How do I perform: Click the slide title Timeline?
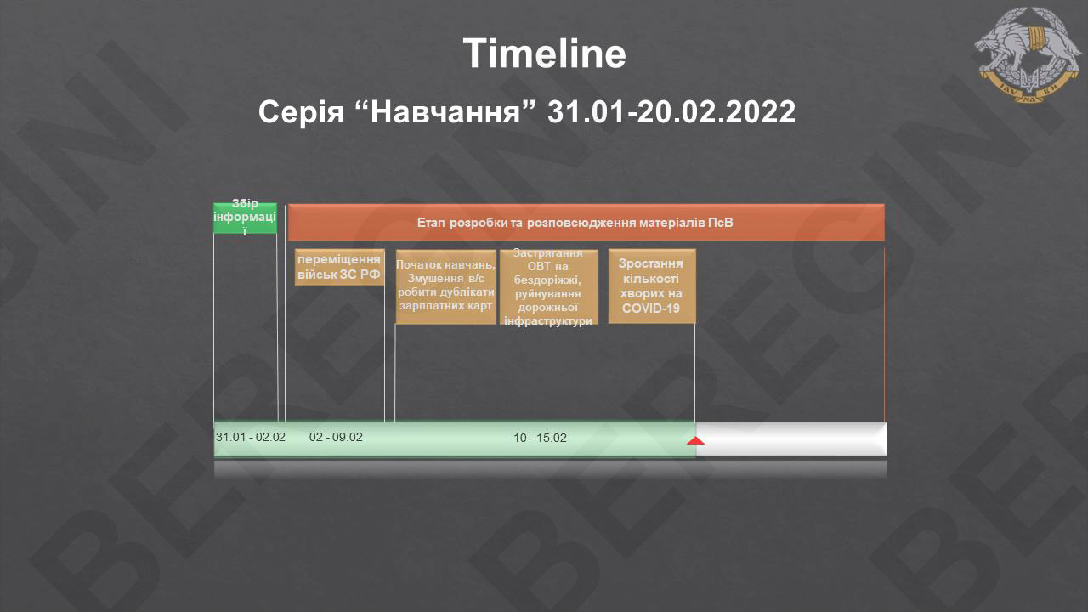coord(544,54)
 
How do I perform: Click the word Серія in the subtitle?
coord(301,112)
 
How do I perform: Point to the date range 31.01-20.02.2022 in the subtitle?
coord(671,112)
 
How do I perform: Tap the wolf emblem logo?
coord(1028,54)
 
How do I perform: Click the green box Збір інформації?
coord(246,218)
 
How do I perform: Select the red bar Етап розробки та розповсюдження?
coord(586,223)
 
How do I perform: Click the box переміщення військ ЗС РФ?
coord(339,267)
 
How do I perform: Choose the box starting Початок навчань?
coord(446,286)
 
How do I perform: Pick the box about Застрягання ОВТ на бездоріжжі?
coord(549,286)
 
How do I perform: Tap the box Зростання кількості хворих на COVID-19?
coord(652,286)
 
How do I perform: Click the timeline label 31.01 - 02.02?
coord(250,437)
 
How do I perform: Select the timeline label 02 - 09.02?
coord(336,437)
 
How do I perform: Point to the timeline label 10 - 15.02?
coord(540,438)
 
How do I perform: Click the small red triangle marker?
coord(695,441)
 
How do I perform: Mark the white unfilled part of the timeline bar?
coord(791,439)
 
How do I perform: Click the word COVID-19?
coord(651,309)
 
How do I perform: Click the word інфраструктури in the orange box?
coord(548,321)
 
